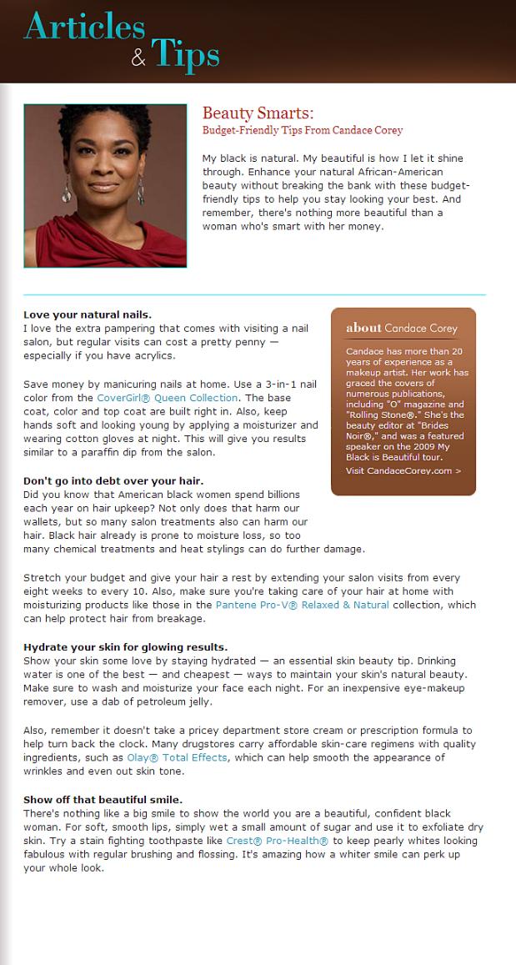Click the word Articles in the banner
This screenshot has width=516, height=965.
[x=83, y=27]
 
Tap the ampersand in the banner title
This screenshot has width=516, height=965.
[x=138, y=58]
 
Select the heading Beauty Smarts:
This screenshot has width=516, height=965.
[x=258, y=113]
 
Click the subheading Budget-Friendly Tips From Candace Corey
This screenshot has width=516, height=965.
[x=303, y=130]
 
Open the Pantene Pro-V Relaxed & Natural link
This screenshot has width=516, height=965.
[x=302, y=605]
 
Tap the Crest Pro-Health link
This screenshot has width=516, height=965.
[x=277, y=841]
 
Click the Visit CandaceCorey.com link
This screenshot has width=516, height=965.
[x=403, y=470]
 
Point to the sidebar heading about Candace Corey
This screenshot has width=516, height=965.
[x=402, y=328]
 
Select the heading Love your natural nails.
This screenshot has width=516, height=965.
[x=88, y=314]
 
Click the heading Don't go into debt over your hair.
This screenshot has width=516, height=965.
[x=113, y=481]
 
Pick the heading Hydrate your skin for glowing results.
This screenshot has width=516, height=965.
[x=125, y=646]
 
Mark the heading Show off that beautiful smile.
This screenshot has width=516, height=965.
[x=103, y=799]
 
